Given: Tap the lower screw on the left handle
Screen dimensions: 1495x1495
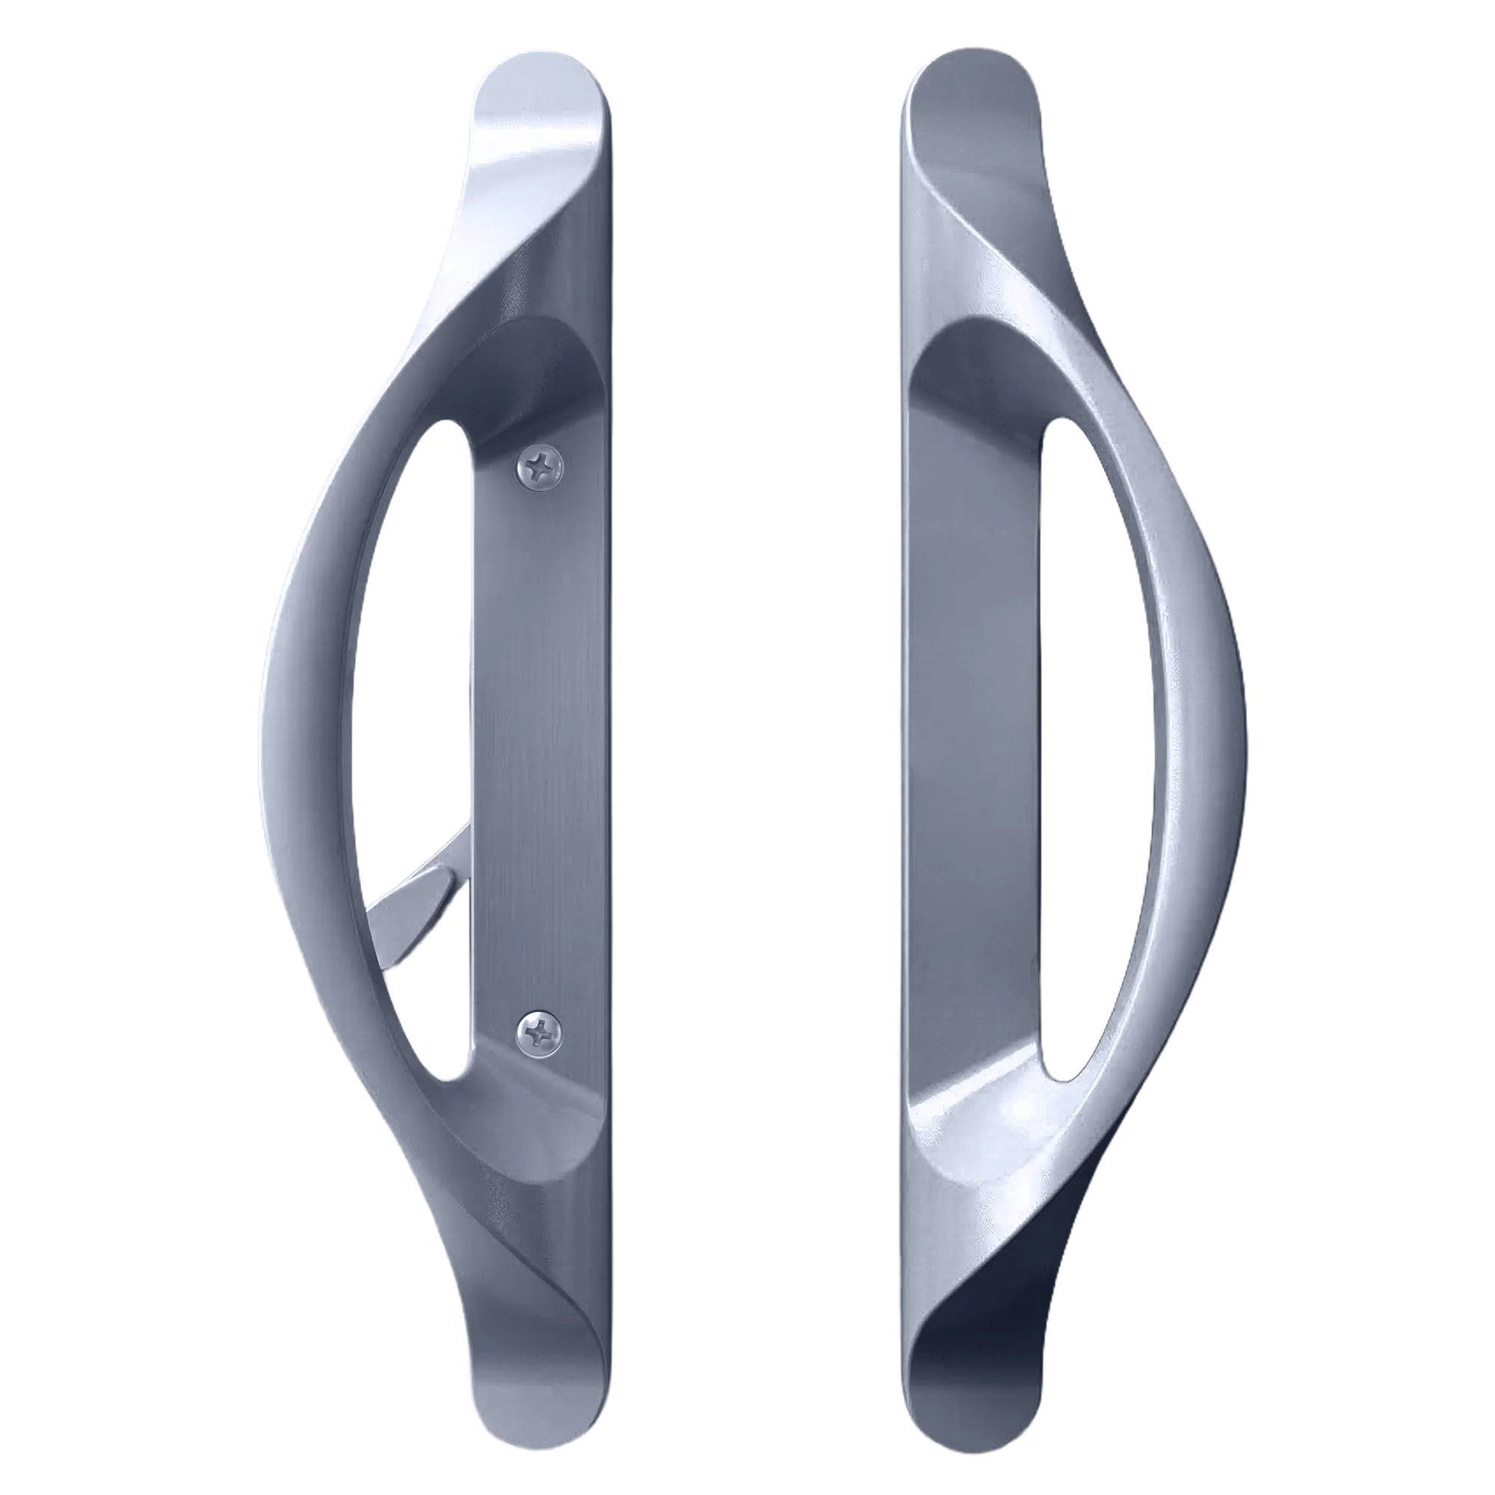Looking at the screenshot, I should tap(540, 1030).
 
